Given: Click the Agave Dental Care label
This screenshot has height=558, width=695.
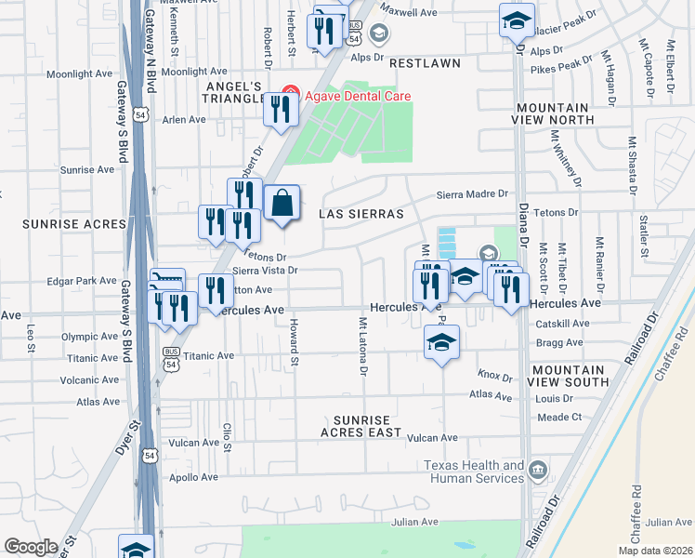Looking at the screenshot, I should (x=354, y=96).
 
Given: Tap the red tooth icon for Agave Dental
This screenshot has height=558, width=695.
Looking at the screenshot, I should (x=289, y=96).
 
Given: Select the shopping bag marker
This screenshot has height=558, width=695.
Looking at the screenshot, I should (x=282, y=204).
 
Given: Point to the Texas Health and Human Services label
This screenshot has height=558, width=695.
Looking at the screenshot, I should (x=474, y=472).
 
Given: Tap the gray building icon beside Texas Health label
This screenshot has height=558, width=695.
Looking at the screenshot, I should (x=537, y=472).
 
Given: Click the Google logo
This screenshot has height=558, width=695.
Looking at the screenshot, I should (x=31, y=547).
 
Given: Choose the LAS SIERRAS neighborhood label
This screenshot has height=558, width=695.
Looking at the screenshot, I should (x=361, y=214).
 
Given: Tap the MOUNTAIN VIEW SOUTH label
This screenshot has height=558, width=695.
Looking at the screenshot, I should (x=570, y=376).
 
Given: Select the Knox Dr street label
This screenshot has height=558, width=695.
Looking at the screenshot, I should (x=495, y=377).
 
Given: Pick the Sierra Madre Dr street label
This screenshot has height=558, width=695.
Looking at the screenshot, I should (x=474, y=194).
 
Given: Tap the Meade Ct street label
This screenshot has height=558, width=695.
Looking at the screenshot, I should (x=559, y=418).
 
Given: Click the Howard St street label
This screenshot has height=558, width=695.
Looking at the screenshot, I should (x=293, y=337).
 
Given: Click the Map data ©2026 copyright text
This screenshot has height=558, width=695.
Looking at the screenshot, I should (x=655, y=551).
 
